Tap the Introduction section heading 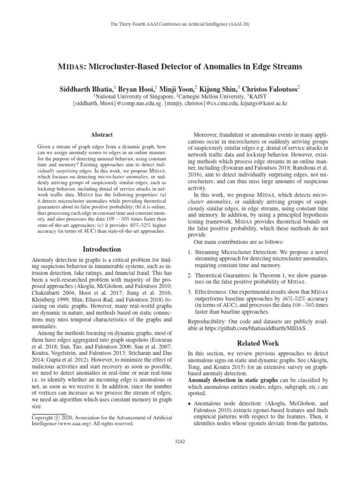[x=102, y=249]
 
